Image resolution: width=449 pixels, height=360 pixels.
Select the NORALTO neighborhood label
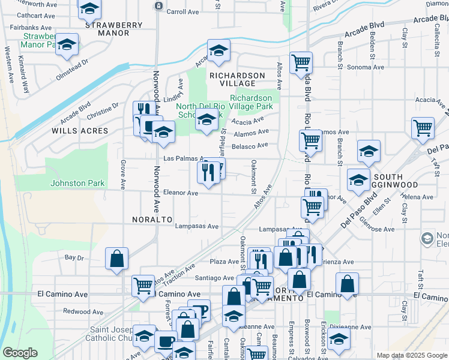(x=152, y=220)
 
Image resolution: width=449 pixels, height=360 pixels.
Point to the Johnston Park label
(x=77, y=184)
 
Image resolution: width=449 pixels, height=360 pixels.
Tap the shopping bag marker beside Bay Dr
(x=117, y=258)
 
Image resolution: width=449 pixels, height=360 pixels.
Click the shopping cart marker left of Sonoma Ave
(x=301, y=62)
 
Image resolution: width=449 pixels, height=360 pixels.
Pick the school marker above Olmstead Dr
(x=67, y=44)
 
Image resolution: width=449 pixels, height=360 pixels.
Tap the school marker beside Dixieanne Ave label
(x=339, y=340)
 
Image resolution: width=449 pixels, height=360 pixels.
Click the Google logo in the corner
(x=20, y=353)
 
